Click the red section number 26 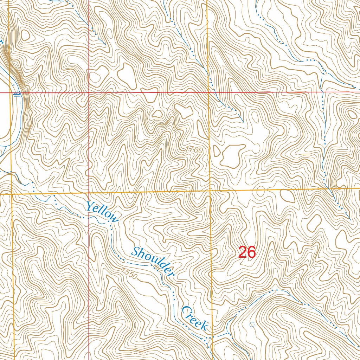click(247, 252)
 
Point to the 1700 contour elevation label click(194, 150)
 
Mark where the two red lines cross click(89, 93)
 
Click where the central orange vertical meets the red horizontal click(208, 92)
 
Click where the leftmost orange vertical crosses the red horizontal click(10, 93)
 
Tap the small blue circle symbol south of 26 click(252, 324)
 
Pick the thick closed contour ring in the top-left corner click(25, 34)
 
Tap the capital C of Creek click(186, 311)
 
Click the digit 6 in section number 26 click(251, 252)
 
